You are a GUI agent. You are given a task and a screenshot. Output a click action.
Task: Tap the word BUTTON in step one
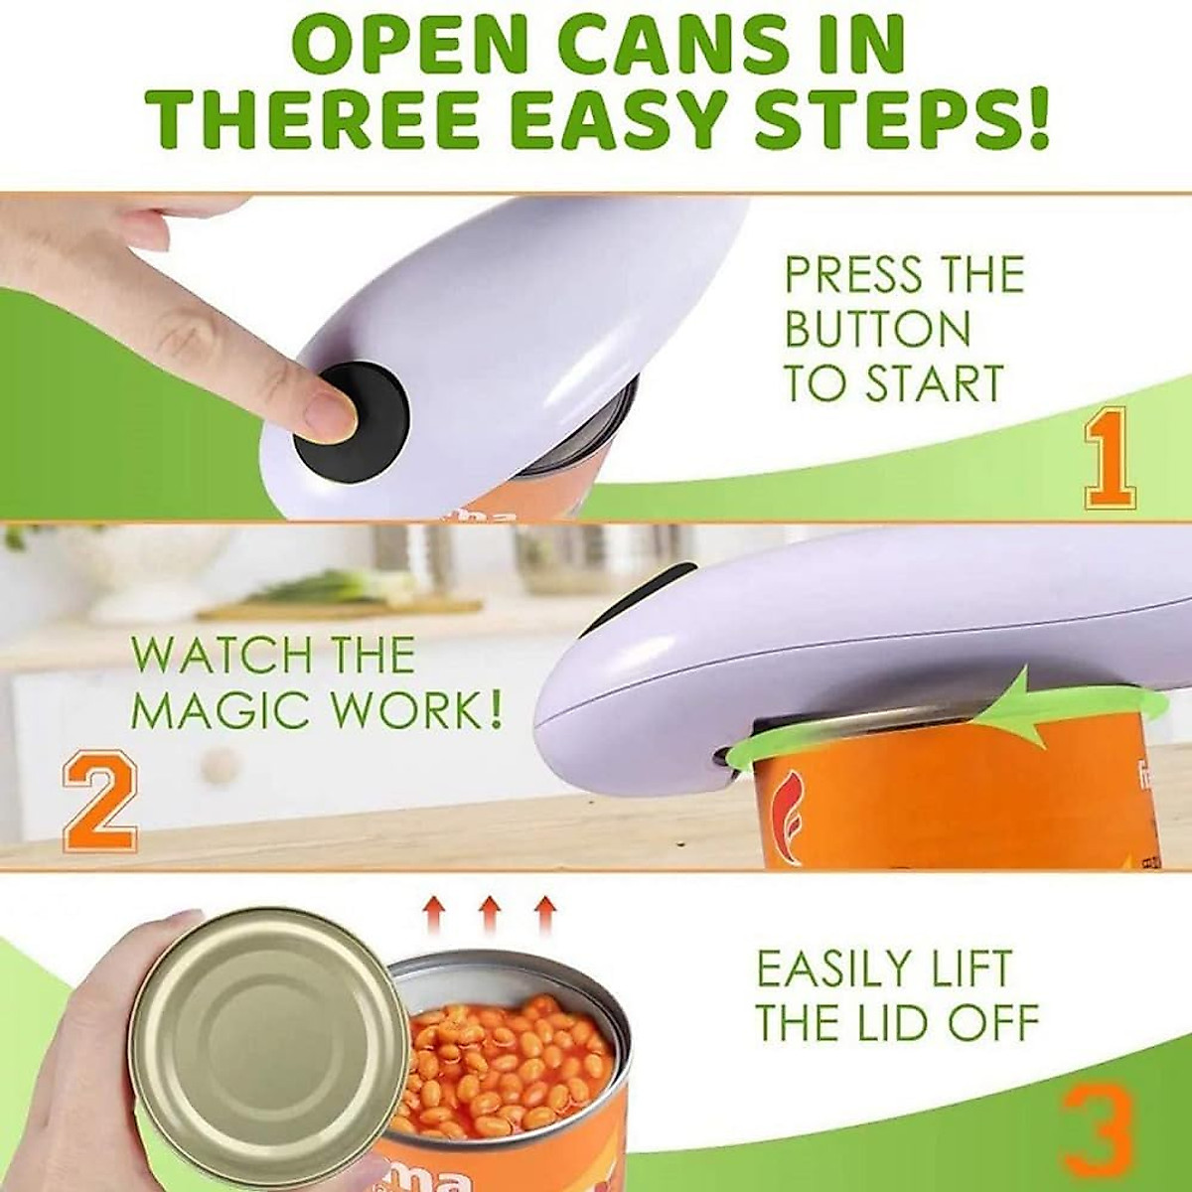point(877,329)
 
